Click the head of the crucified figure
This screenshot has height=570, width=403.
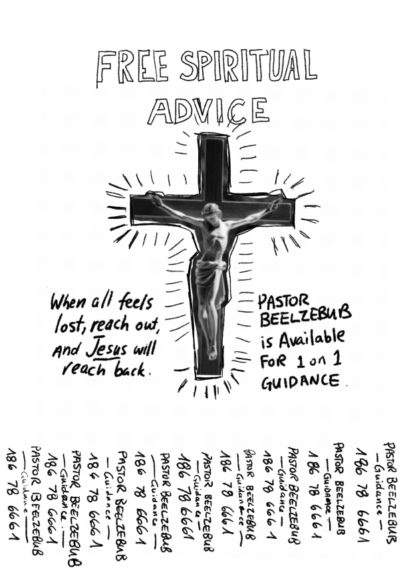(x=211, y=214)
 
